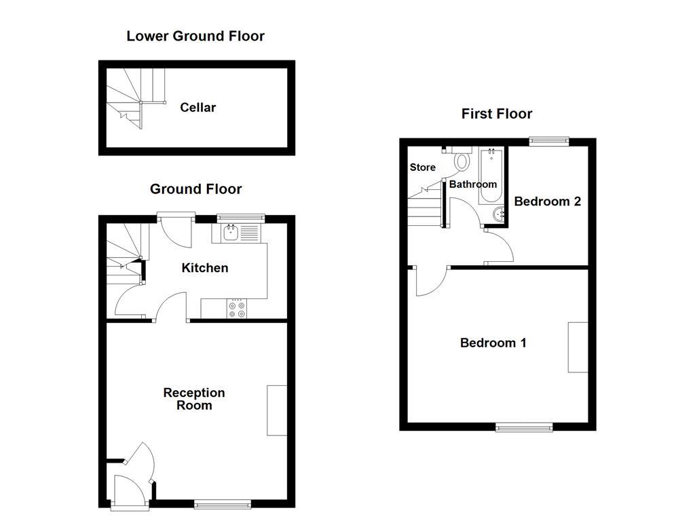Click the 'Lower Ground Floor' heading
pos(195,36)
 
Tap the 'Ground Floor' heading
pos(195,189)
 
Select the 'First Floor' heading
pos(497,114)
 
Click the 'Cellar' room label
pos(198,107)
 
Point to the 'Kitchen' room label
pos(204,268)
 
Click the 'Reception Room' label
pos(194,399)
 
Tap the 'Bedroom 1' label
pos(493,343)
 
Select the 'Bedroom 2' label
pos(548,201)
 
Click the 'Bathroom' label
pos(473,184)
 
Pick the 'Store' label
pos(422,168)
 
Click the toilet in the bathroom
pos(462,160)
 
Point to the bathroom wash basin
pos(500,214)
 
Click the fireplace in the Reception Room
pos(277,410)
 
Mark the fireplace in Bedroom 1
pos(578,347)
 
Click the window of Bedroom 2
pos(548,141)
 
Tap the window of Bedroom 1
pos(523,427)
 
